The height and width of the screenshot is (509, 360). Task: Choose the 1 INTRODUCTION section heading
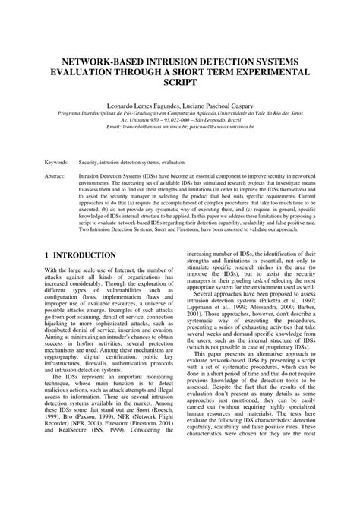(80, 254)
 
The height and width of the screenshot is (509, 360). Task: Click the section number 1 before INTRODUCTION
(46, 254)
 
